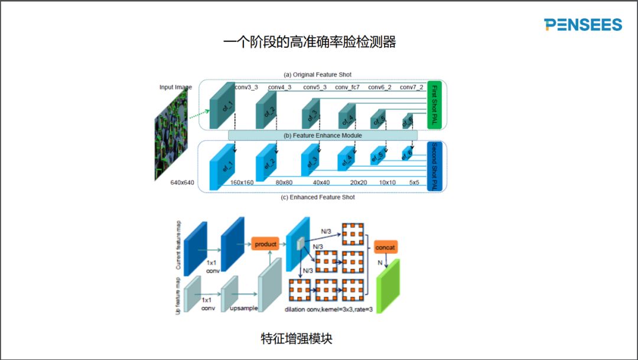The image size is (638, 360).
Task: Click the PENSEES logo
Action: (583, 24)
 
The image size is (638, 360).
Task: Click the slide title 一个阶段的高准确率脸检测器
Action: (310, 43)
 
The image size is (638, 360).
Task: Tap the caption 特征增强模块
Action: (296, 339)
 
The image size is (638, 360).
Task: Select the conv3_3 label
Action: (246, 87)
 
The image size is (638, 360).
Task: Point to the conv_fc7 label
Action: (347, 87)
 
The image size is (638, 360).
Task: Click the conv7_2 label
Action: (411, 87)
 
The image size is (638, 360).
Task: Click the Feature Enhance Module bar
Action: (323, 135)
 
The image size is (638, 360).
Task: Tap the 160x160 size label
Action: (242, 183)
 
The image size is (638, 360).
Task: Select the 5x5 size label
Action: (414, 183)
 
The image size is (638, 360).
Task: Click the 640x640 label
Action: (183, 182)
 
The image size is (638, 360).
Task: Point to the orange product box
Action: (265, 244)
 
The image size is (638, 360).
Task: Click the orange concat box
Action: (385, 248)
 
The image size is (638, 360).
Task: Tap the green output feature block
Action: (388, 286)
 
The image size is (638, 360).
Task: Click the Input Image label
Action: (175, 87)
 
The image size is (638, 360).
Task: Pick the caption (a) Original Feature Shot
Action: (318, 74)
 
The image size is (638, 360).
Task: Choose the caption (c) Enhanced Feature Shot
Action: (318, 197)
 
